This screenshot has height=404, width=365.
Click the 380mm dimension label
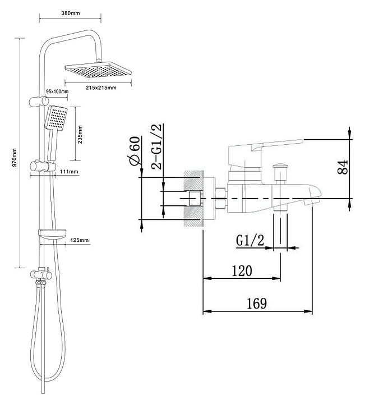(71, 13)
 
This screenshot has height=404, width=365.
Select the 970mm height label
(15, 157)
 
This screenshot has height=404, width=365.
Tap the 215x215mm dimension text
(101, 88)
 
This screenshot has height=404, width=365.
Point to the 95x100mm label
(57, 91)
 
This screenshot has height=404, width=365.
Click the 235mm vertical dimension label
(80, 134)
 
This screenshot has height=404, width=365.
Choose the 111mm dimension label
(69, 172)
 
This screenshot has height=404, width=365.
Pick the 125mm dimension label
(79, 240)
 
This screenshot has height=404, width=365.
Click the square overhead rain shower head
(98, 70)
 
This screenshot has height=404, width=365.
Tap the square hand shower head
(57, 117)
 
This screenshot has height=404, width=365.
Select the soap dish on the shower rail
(53, 233)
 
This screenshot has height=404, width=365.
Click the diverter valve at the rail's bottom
(41, 274)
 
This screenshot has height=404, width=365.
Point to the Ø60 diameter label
(135, 151)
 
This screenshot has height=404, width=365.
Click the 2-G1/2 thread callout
(156, 146)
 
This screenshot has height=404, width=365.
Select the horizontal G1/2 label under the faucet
(250, 240)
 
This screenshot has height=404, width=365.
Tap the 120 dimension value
(242, 271)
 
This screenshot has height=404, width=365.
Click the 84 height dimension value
(343, 167)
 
